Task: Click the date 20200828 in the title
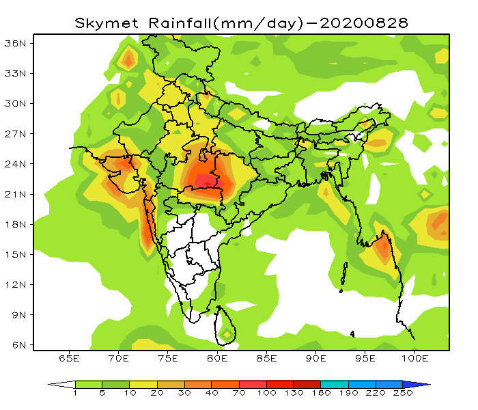click(364, 23)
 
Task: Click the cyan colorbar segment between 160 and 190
click(335, 384)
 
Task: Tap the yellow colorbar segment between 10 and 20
click(143, 384)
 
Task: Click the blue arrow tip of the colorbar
click(423, 384)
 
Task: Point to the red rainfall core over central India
click(206, 180)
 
